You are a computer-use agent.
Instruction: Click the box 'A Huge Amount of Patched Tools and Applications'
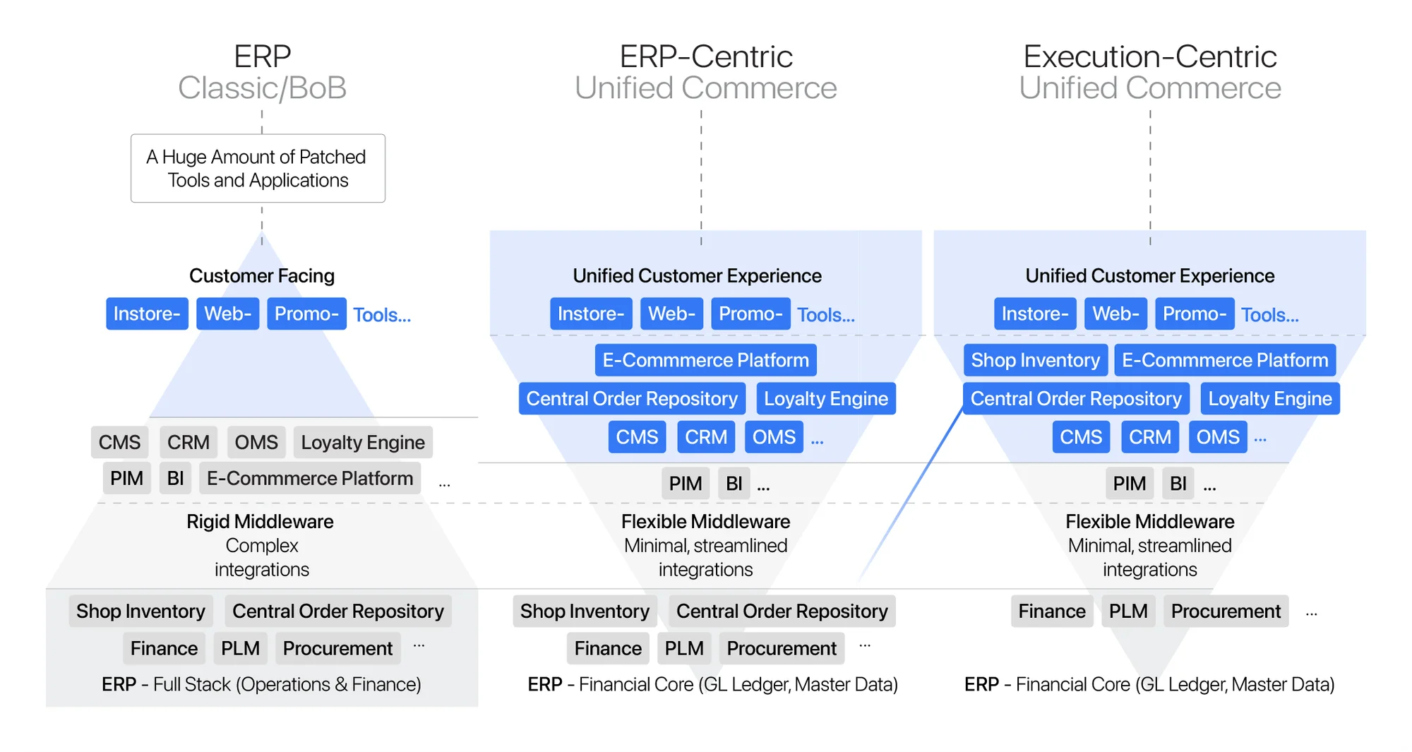coord(258,168)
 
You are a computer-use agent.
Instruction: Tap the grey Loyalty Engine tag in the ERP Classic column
coord(363,443)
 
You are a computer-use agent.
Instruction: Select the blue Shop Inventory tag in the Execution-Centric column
coord(1035,360)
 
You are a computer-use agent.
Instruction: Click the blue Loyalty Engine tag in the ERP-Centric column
coord(825,399)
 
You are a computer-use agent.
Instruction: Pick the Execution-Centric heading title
coord(1149,56)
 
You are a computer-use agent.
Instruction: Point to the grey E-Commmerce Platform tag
coord(310,479)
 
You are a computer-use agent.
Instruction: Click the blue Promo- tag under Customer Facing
coord(306,314)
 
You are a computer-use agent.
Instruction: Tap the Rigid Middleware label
coord(260,522)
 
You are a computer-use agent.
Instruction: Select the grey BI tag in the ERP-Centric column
coord(734,484)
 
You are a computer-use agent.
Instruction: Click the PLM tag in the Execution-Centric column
coord(1127,611)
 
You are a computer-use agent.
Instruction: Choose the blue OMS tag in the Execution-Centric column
coord(1217,438)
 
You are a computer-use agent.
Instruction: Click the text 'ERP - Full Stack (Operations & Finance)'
coord(261,684)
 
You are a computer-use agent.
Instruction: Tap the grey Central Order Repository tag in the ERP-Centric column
coord(782,611)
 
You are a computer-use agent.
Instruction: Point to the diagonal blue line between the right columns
coord(911,494)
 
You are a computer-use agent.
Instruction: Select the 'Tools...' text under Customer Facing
coord(382,315)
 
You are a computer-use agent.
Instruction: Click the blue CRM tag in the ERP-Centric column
coord(705,438)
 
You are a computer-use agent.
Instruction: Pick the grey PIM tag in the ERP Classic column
coord(126,479)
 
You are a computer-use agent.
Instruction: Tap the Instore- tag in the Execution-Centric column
coord(1034,314)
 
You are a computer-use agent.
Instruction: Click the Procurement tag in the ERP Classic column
coord(337,649)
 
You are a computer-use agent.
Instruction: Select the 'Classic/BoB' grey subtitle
coord(262,88)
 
